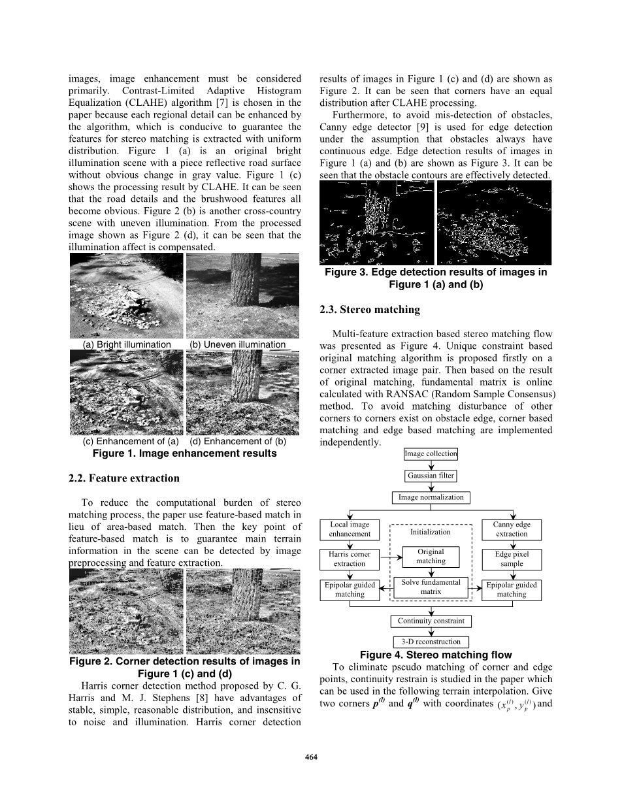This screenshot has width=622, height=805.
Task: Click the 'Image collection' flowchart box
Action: click(431, 454)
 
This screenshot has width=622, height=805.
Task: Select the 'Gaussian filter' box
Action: click(431, 476)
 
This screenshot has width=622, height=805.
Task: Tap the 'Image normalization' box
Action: click(431, 497)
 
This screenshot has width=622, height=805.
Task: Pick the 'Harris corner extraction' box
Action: click(350, 559)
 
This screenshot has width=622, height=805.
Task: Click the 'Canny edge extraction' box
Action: click(512, 529)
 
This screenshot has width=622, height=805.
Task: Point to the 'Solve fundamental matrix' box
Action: click(431, 587)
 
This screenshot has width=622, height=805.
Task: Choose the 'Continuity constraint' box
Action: click(431, 621)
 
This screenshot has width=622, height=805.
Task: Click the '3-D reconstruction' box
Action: click(431, 642)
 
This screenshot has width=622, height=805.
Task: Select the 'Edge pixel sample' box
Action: click(512, 559)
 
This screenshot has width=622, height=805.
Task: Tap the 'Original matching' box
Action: click(431, 557)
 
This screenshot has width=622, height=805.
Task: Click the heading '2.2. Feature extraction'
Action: click(123, 478)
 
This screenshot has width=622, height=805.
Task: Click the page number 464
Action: click(311, 757)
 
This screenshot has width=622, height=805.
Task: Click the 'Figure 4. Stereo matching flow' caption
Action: click(436, 655)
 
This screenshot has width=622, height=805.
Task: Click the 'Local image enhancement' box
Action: click(350, 529)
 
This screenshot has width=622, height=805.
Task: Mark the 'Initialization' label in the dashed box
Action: click(431, 533)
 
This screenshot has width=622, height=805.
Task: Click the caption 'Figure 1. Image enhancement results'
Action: click(184, 453)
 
